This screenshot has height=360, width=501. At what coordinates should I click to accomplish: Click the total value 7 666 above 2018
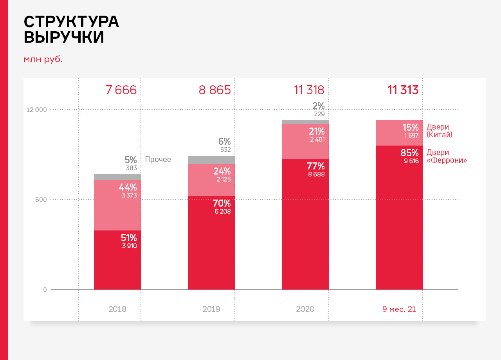tap(121, 90)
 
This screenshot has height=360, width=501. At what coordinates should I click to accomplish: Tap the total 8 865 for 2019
tap(214, 90)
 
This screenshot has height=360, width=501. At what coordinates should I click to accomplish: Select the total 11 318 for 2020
tap(309, 90)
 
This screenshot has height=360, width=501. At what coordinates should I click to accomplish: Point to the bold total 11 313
tap(403, 90)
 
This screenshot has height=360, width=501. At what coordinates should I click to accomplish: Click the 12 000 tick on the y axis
tap(36, 110)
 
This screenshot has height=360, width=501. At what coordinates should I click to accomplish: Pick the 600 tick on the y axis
tap(41, 200)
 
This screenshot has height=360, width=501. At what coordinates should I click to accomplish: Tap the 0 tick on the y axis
tap(45, 290)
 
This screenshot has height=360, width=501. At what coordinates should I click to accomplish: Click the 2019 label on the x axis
tap(211, 309)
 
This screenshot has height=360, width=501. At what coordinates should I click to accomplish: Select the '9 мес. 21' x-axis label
tap(399, 309)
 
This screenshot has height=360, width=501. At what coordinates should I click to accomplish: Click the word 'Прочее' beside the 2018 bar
tap(158, 159)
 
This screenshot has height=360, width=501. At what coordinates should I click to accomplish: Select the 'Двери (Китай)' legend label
tap(440, 131)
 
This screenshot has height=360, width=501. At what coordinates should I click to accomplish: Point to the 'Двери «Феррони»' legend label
tap(447, 156)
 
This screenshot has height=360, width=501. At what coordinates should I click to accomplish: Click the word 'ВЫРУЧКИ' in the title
tap(64, 37)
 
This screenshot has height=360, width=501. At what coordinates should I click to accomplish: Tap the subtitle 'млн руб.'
tap(43, 59)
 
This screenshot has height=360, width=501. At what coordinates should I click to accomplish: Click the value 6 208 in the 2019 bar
tap(222, 212)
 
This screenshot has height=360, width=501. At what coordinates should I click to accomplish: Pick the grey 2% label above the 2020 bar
tap(318, 106)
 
